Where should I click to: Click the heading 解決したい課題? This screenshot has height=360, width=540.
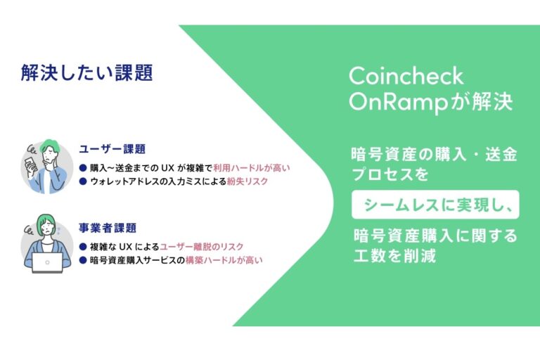click(86, 73)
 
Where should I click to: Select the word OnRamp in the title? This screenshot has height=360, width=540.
click(398, 103)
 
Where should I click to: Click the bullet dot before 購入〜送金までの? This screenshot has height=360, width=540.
click(82, 168)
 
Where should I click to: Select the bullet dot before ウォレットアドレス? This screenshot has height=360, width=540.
click(82, 181)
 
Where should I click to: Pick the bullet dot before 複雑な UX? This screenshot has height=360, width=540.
click(82, 247)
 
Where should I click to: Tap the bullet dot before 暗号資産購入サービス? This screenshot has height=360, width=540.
click(82, 260)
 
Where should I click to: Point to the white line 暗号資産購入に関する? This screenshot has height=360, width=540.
click(435, 236)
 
